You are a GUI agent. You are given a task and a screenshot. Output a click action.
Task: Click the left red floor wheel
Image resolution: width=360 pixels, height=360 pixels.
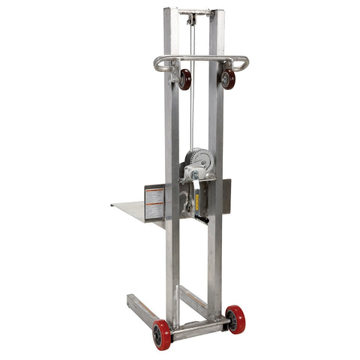pos(161,334)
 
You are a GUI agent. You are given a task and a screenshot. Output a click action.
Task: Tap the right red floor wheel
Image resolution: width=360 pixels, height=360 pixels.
pos(235,318)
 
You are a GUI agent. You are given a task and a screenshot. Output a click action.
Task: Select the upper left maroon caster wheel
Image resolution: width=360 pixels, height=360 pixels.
pos(184,79)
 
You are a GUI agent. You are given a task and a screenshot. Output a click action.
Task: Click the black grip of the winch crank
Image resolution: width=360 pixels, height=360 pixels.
pos(201,219)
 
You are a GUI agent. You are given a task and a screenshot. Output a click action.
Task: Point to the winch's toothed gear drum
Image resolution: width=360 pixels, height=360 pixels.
pos(201,159)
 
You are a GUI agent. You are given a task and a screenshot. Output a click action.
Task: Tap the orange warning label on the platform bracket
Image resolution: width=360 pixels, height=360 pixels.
pos(154,202)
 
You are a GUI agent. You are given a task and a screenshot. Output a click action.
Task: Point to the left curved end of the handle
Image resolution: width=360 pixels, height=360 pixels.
pos(158,64)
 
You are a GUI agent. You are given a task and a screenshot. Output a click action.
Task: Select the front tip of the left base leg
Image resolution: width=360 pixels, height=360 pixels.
pos(130,299)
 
